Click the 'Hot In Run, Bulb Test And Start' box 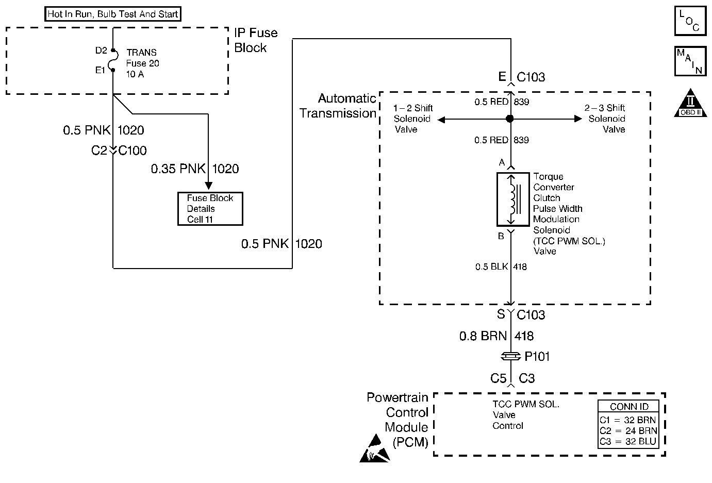(x=113, y=14)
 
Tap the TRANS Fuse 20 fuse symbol (x=113, y=60)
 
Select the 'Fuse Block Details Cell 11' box (x=210, y=209)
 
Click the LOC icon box (x=690, y=21)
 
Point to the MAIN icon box (x=690, y=61)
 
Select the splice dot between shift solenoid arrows (x=510, y=119)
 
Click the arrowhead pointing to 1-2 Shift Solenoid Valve (x=441, y=119)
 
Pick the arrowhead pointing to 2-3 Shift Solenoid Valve (x=578, y=119)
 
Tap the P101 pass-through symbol (x=510, y=356)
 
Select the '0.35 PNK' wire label (x=178, y=169)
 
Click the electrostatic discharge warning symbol (x=375, y=448)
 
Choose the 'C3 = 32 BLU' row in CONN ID (x=628, y=442)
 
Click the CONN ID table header (x=628, y=407)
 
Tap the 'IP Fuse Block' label (x=256, y=40)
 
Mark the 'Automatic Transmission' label (x=338, y=106)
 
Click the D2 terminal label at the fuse (x=101, y=51)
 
